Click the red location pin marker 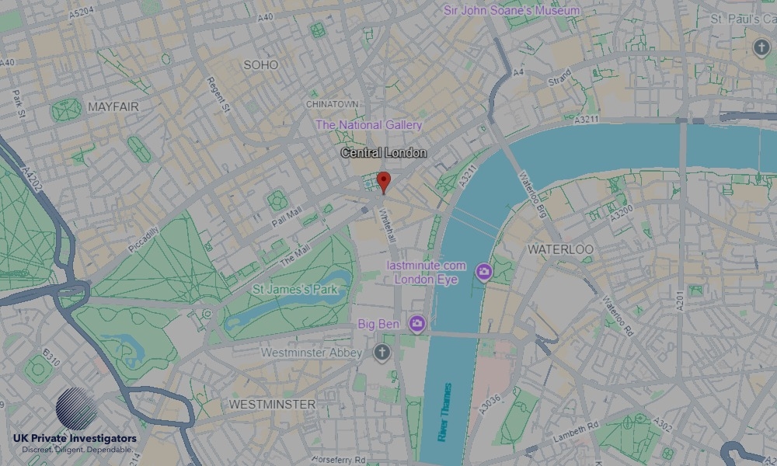tap(382, 182)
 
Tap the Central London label tap(384, 153)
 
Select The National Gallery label tap(369, 125)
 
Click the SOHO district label tap(260, 65)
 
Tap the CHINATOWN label tap(333, 104)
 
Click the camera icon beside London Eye tap(484, 271)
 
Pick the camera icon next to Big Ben tap(417, 322)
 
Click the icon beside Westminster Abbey tap(381, 353)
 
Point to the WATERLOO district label tap(560, 249)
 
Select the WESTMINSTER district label tap(272, 405)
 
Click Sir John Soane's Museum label tap(511, 11)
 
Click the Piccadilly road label tap(144, 238)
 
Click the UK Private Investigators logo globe tap(76, 409)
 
